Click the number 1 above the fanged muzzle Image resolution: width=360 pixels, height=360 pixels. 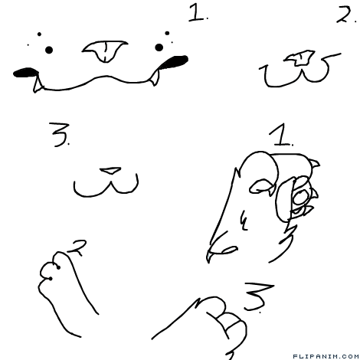[196, 13]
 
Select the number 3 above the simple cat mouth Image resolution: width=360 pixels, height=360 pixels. [59, 135]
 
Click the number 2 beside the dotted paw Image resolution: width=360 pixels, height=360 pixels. [77, 247]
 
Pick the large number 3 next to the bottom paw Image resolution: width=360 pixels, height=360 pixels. [258, 296]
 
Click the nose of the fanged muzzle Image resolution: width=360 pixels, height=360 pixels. [105, 51]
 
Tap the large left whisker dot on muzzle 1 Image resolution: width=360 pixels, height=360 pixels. [49, 50]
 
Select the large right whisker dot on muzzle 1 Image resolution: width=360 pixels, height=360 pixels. [159, 47]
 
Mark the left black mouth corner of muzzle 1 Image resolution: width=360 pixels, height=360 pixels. [25, 73]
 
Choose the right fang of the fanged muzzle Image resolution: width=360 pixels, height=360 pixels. [155, 77]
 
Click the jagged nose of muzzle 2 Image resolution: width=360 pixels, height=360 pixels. [300, 58]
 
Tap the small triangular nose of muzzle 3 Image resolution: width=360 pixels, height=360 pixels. [110, 171]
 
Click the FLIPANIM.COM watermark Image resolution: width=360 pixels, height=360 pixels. [326, 356]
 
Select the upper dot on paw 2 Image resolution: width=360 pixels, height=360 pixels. [58, 267]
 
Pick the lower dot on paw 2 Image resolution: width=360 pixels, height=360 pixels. [51, 279]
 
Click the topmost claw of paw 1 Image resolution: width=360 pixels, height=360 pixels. [315, 163]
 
